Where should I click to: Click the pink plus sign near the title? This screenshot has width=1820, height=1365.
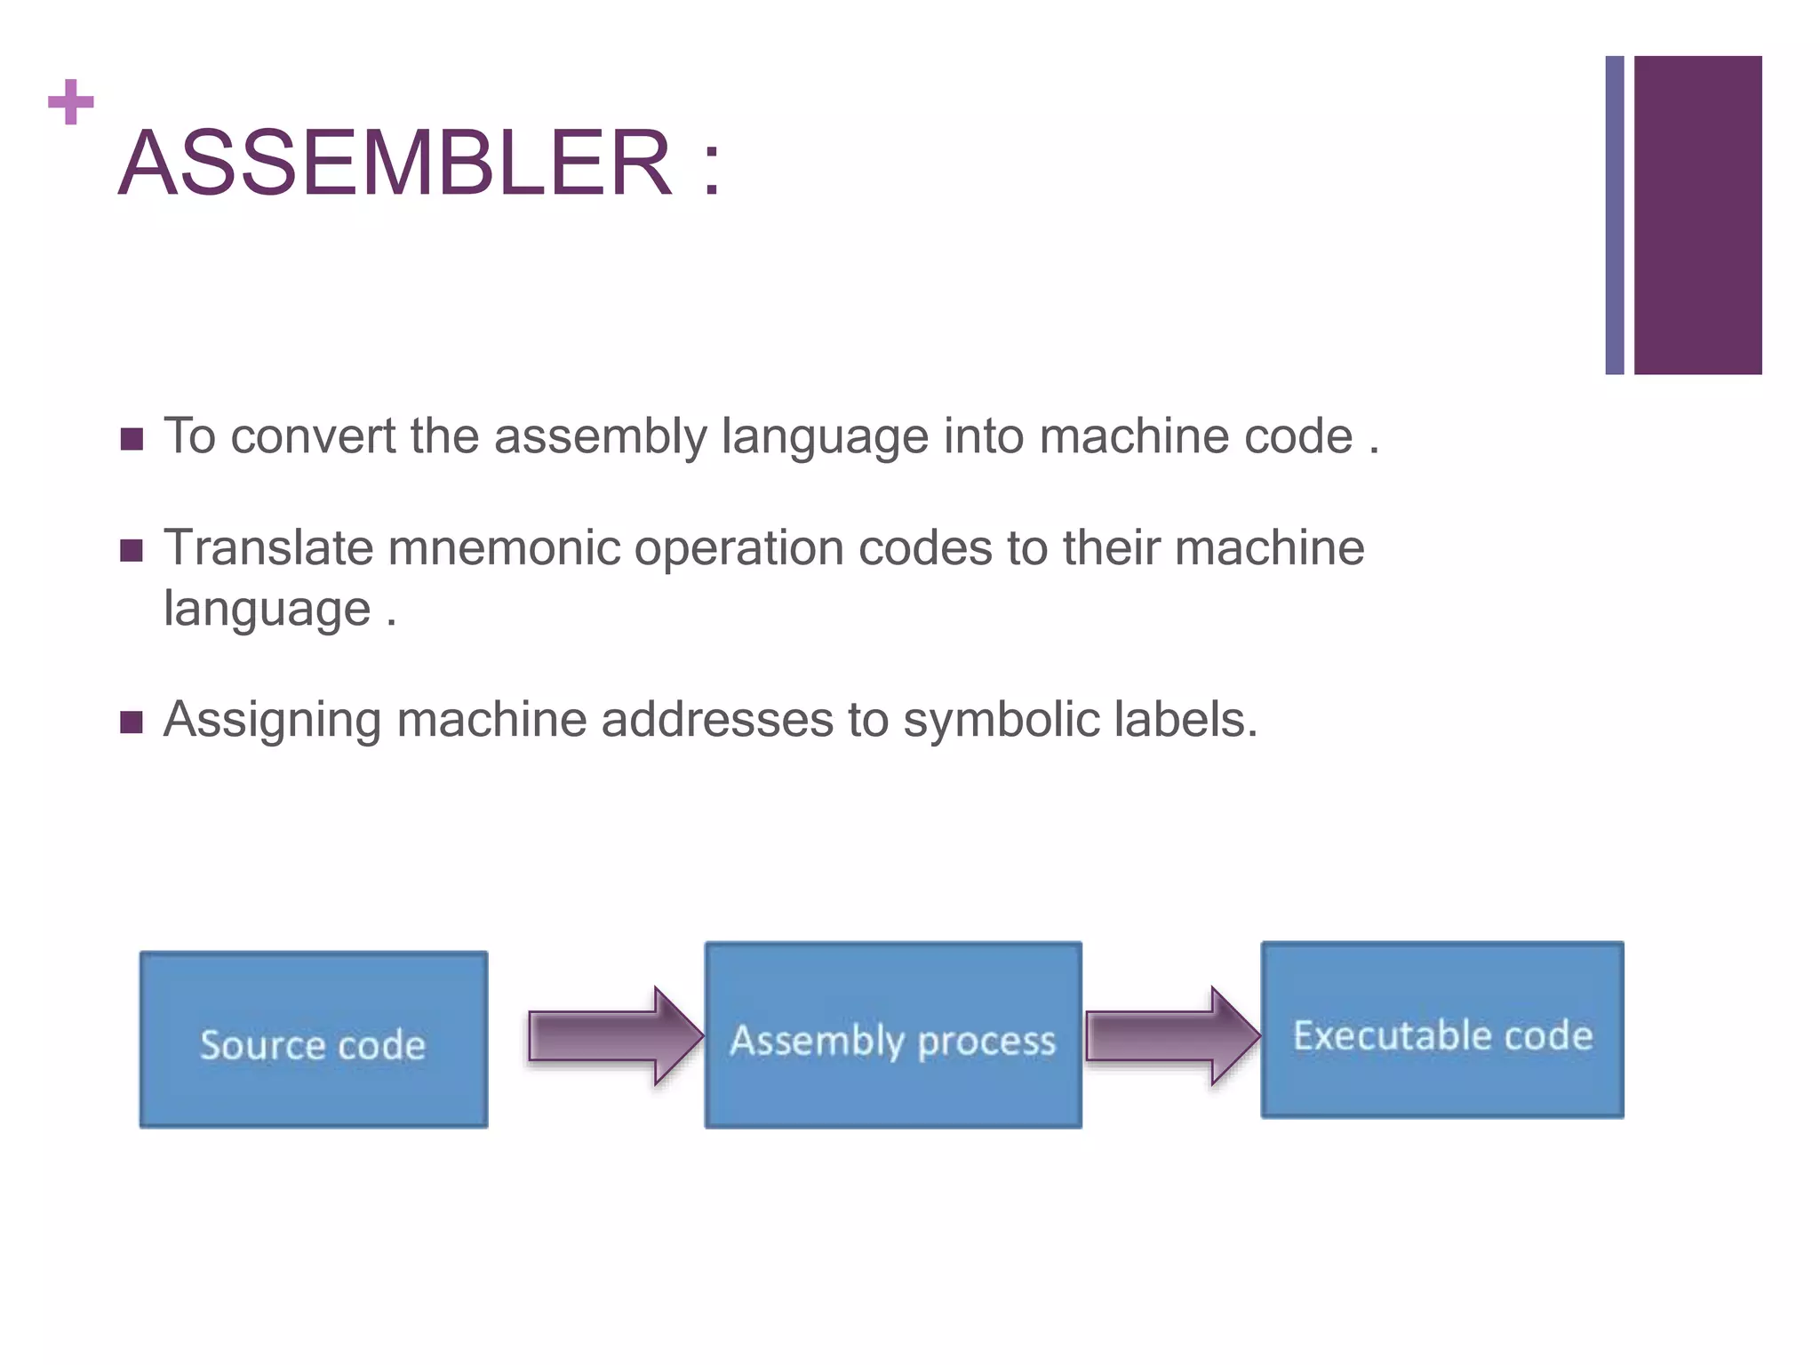[71, 102]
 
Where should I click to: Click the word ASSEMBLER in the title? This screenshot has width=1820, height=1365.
[395, 164]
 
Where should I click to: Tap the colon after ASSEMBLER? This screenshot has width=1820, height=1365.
[711, 165]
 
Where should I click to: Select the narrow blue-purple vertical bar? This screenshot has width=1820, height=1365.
[1614, 215]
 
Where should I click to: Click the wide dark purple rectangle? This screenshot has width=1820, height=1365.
[1697, 215]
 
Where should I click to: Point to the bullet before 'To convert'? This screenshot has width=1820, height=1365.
[132, 439]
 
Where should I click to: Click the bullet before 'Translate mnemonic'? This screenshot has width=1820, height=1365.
[132, 551]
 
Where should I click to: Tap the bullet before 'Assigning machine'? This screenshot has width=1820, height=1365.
[132, 722]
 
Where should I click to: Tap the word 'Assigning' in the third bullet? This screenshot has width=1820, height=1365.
[272, 721]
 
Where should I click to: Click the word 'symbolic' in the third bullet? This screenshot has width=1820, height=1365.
[1001, 719]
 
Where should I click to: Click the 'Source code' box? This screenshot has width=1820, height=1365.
[313, 1040]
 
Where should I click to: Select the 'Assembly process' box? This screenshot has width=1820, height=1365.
[893, 1035]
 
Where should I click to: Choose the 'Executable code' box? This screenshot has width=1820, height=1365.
[1442, 1030]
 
